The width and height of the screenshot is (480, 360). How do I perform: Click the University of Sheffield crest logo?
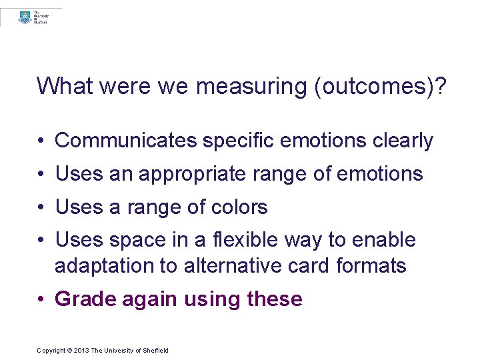click(25, 18)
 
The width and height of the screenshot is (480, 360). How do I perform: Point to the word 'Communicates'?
click(126, 141)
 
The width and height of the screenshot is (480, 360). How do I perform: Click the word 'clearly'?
click(403, 141)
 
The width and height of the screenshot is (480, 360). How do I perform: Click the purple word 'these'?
click(275, 299)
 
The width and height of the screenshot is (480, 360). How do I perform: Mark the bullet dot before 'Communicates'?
click(41, 141)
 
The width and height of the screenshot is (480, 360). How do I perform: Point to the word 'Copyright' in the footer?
click(51, 351)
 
